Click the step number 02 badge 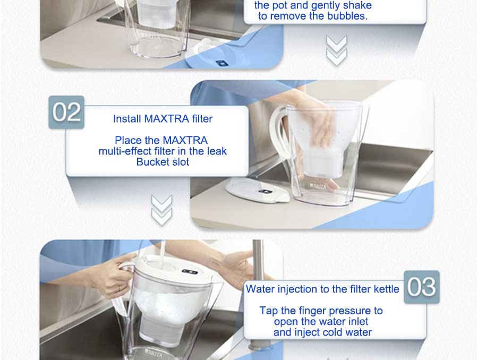point(66,112)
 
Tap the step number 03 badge point(422,287)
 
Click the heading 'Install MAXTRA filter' point(163,118)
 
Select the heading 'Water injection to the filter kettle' point(322,289)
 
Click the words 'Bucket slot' point(163,162)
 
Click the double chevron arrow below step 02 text point(162,210)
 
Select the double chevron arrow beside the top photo point(336,50)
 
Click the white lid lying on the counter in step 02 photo point(258,190)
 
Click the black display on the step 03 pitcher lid point(190,271)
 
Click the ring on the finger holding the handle point(119,288)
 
